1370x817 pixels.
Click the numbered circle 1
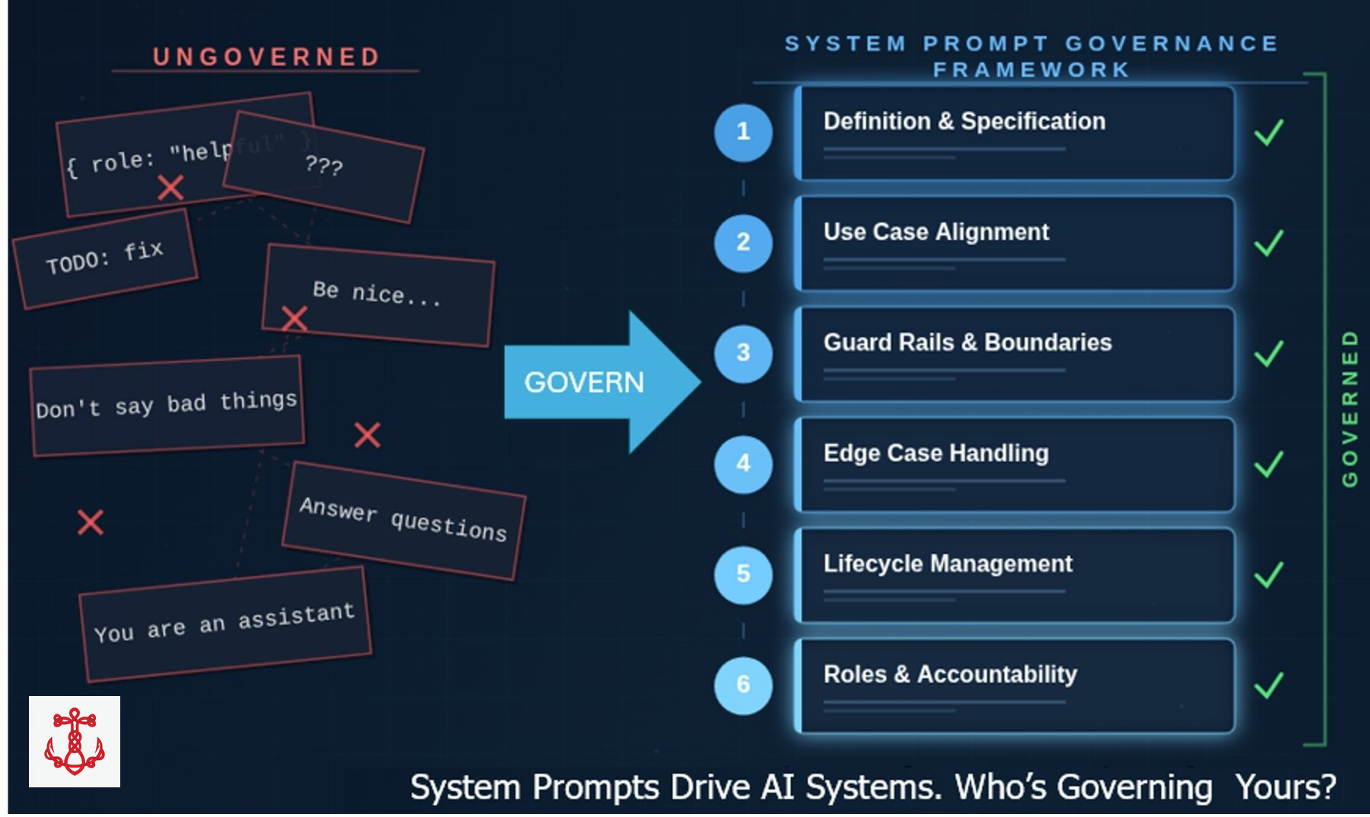tap(743, 132)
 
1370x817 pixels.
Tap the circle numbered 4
tap(743, 464)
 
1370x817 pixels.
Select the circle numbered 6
tap(743, 685)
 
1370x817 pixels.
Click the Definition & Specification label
tap(964, 122)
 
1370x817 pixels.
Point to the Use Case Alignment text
tap(935, 232)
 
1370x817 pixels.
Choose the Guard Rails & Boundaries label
tap(967, 342)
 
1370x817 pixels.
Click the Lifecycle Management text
tap(947, 564)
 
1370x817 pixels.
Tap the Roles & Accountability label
tap(950, 674)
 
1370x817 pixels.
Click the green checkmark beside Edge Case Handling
tap(1268, 464)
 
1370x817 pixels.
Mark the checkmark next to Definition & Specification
tap(1268, 132)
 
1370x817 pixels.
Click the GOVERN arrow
tap(594, 382)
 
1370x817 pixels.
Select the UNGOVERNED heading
tap(266, 57)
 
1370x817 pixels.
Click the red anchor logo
tap(75, 742)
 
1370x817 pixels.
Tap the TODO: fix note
tap(105, 259)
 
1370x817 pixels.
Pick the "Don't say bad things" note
tap(167, 405)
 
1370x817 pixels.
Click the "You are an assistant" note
tap(225, 623)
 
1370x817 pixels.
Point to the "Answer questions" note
tap(403, 520)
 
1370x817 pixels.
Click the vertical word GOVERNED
tap(1349, 408)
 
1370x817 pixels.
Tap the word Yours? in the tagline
tap(1286, 787)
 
